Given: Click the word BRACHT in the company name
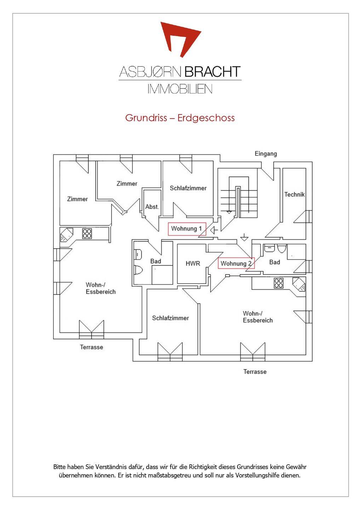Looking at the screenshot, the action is tap(212, 72).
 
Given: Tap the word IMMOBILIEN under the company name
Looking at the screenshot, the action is tap(180, 89).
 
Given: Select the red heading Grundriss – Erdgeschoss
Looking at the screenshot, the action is tap(180, 118).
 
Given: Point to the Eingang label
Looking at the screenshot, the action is tap(265, 154).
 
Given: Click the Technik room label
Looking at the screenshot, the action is tap(295, 194).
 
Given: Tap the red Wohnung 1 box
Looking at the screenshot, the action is tap(187, 229).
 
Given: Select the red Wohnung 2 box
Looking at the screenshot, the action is tap(236, 263).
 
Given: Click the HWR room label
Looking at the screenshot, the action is tap(193, 263).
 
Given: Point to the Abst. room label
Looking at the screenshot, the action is tap(152, 207).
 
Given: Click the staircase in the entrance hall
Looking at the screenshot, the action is tap(238, 197).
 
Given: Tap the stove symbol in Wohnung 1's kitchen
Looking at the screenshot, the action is tap(87, 234).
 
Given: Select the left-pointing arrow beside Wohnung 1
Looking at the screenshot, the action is tap(214, 231).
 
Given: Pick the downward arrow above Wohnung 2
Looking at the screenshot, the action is tap(244, 237).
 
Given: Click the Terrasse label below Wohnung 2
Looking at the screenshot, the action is tap(255, 372).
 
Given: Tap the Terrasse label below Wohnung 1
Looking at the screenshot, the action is tap(91, 347).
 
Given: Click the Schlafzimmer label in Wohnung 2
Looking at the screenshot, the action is tap(171, 318).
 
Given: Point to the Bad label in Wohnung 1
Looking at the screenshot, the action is tap(156, 261).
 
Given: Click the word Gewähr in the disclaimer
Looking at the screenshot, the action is tap(296, 467).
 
